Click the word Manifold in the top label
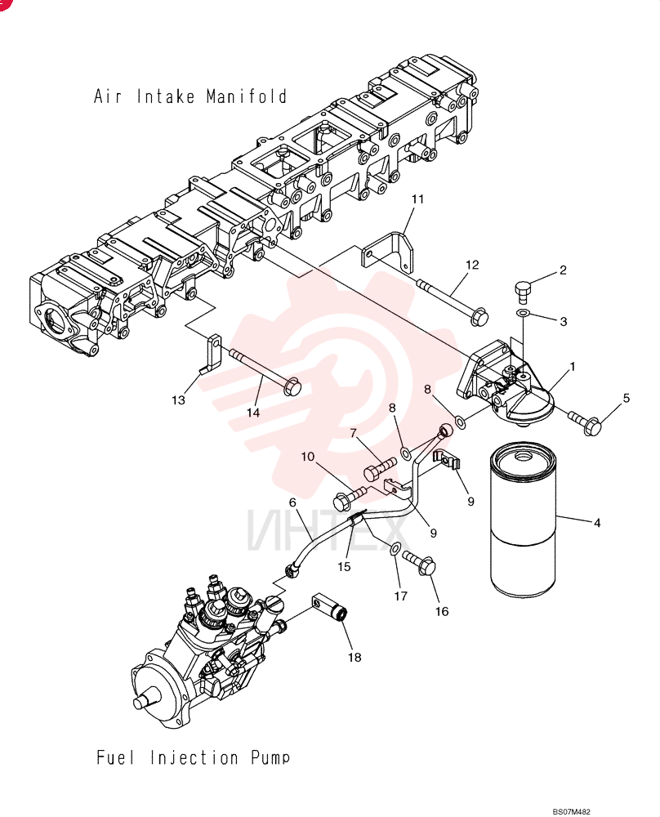(247, 96)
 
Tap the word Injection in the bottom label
(194, 757)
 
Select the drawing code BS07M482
(572, 812)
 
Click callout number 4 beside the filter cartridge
(597, 523)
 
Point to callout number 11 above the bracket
(417, 199)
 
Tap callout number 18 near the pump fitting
(355, 658)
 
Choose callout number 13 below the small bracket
(178, 400)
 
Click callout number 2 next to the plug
(563, 270)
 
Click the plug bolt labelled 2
(523, 291)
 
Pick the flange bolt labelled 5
(586, 422)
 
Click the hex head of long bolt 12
(478, 317)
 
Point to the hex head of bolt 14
(291, 386)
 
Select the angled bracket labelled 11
(389, 252)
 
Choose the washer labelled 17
(395, 547)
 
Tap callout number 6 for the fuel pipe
(292, 502)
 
